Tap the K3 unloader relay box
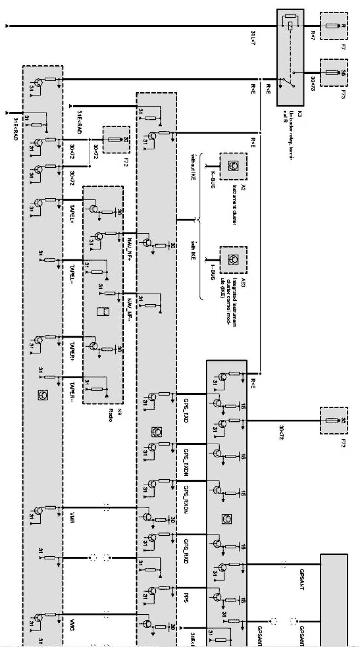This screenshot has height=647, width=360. tap(290, 58)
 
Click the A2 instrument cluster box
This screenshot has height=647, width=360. tap(233, 166)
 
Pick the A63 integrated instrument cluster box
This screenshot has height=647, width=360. tap(233, 260)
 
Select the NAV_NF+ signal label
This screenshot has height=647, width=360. tap(129, 248)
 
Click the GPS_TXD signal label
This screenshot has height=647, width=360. tap(185, 412)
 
